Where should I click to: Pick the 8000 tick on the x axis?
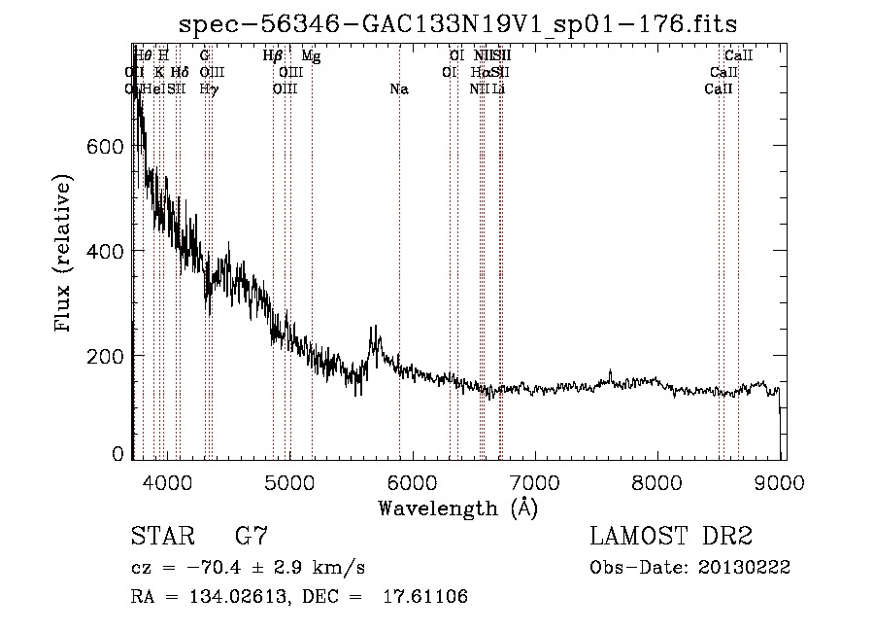pos(659,481)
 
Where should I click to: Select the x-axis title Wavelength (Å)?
pos(458,508)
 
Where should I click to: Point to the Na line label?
pos(398,89)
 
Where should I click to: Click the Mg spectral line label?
pos(311,56)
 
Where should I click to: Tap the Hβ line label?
pos(273,56)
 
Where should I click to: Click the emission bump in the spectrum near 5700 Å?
pos(375,340)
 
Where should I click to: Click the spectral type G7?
pos(252,537)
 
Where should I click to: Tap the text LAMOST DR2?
pos(670,537)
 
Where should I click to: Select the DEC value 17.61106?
pos(427,597)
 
